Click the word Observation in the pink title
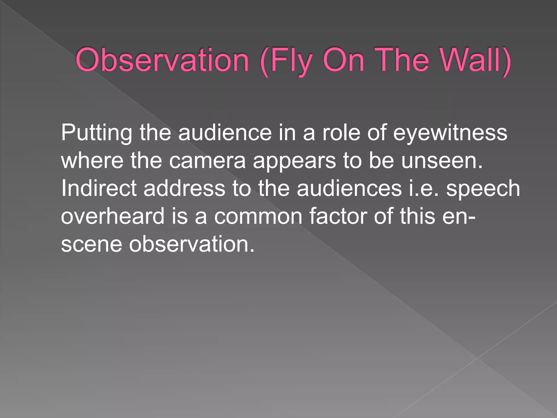162,60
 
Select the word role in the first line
341,133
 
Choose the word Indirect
99,188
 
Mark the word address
184,188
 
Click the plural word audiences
349,188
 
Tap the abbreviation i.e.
424,188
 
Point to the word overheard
113,216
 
